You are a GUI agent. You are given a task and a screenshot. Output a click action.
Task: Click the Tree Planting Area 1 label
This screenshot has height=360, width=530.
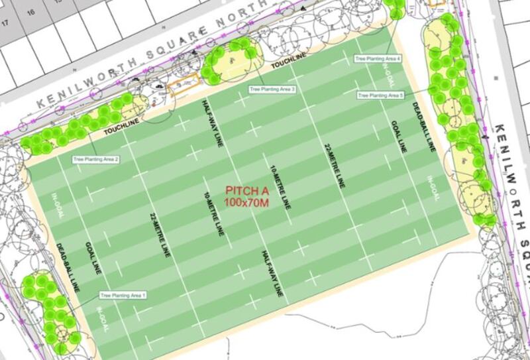(123, 294)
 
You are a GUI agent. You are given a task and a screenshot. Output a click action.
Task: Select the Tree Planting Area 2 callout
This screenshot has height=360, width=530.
(96, 159)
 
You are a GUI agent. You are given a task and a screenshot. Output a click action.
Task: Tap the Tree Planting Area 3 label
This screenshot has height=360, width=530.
(272, 88)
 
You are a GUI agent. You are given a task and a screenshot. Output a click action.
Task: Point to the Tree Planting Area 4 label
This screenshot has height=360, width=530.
(378, 59)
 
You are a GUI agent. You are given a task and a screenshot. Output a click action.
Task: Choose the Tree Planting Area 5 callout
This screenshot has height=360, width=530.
(380, 95)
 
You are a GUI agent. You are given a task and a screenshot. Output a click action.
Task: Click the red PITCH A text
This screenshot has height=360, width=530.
(246, 190)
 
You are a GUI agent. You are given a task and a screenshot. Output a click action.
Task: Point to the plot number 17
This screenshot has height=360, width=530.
(6, 23)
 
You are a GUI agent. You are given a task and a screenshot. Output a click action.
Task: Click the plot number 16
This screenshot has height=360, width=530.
(30, 12)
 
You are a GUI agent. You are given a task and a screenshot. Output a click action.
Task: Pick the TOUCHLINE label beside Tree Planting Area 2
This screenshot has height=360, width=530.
(122, 129)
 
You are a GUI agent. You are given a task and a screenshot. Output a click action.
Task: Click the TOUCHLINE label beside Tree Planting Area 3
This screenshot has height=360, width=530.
(288, 64)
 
